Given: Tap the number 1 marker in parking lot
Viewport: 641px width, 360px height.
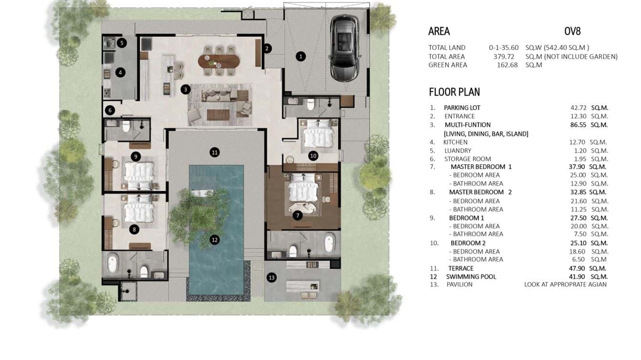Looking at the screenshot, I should coord(300,56).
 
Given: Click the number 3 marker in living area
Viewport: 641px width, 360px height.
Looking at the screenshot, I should coord(185,89).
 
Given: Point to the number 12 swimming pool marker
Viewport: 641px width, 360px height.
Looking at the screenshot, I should coord(215,240).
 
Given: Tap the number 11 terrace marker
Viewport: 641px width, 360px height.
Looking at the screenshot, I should coord(215,152).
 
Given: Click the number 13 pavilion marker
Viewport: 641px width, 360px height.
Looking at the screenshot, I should coord(272,277).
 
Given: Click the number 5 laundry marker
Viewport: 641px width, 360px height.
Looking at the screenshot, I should coord(122,43).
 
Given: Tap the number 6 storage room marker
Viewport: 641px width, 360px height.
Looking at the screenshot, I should coord(110,110).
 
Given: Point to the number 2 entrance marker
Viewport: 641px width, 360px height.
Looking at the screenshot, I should coord(267,48).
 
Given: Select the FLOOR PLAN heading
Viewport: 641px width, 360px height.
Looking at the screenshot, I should coord(454,92).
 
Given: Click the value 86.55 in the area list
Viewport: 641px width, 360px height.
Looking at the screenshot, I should coord(577,125).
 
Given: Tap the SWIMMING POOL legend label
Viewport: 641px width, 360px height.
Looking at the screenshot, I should coord(471,276).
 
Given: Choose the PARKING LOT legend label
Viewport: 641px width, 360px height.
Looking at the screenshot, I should coord(462,107).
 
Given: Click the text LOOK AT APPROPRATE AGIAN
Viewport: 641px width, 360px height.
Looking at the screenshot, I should coord(565,285).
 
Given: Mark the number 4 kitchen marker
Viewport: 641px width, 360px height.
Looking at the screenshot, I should coord(120,73).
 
